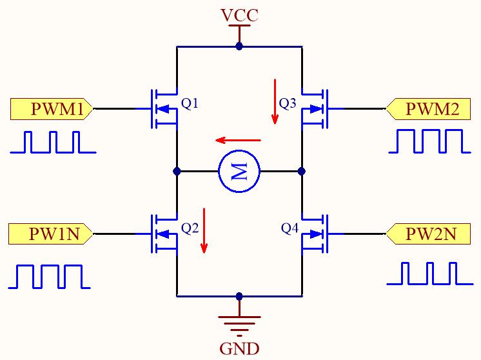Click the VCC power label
pyautogui.click(x=240, y=15)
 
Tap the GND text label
pyautogui.click(x=240, y=348)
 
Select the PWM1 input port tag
pyautogui.click(x=51, y=109)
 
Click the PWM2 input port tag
pyautogui.click(x=428, y=109)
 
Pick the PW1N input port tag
pyautogui.click(x=50, y=234)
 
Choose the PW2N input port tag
pyautogui.click(x=428, y=234)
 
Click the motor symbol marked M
pyautogui.click(x=239, y=171)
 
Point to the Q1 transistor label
pyautogui.click(x=190, y=103)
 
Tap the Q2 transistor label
pyautogui.click(x=190, y=228)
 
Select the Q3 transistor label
pyautogui.click(x=288, y=103)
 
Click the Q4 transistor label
pyautogui.click(x=290, y=228)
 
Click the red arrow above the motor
pyautogui.click(x=238, y=141)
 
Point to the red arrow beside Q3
pyautogui.click(x=275, y=101)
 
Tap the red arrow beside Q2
pyautogui.click(x=204, y=230)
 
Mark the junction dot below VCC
pyautogui.click(x=239, y=46)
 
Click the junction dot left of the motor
pyautogui.click(x=177, y=171)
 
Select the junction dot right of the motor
pyautogui.click(x=302, y=171)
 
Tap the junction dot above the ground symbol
pyautogui.click(x=239, y=297)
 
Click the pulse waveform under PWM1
pyautogui.click(x=53, y=142)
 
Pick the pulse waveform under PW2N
pyautogui.click(x=430, y=274)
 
